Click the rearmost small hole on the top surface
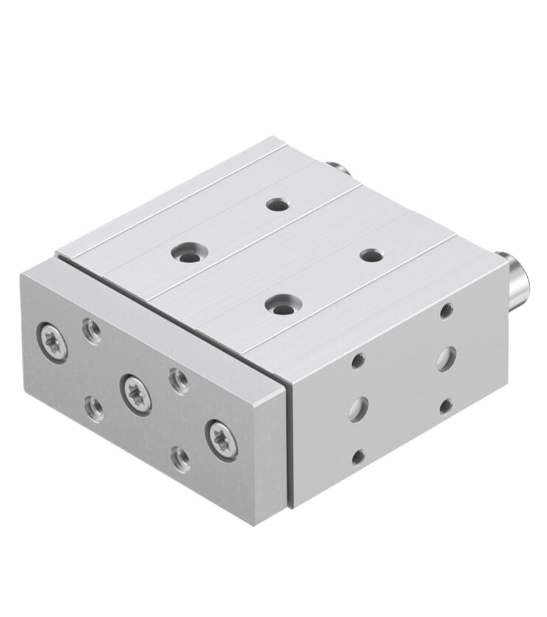279,205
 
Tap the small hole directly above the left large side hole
358,361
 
